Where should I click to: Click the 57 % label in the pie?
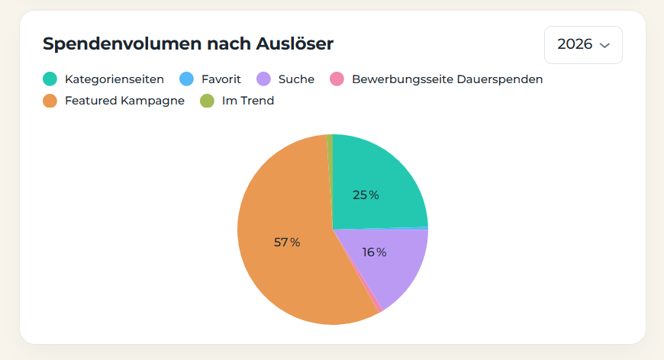pyautogui.click(x=287, y=243)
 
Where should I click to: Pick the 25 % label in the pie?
pyautogui.click(x=366, y=195)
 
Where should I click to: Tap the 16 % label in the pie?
pyautogui.click(x=374, y=252)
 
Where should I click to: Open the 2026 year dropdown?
pyautogui.click(x=583, y=45)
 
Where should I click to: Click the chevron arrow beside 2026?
pyautogui.click(x=604, y=45)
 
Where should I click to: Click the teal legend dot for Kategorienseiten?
pyautogui.click(x=50, y=79)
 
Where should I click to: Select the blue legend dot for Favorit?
pyautogui.click(x=186, y=79)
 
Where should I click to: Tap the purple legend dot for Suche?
pyautogui.click(x=263, y=79)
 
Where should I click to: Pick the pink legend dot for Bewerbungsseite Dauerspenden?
pyautogui.click(x=337, y=79)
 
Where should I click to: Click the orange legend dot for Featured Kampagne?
pyautogui.click(x=50, y=101)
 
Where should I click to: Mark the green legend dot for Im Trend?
pyautogui.click(x=207, y=101)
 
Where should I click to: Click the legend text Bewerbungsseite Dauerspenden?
pyautogui.click(x=447, y=79)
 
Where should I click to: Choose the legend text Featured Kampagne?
pyautogui.click(x=124, y=101)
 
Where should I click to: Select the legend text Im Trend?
pyautogui.click(x=248, y=101)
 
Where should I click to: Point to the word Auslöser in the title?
pyautogui.click(x=295, y=43)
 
